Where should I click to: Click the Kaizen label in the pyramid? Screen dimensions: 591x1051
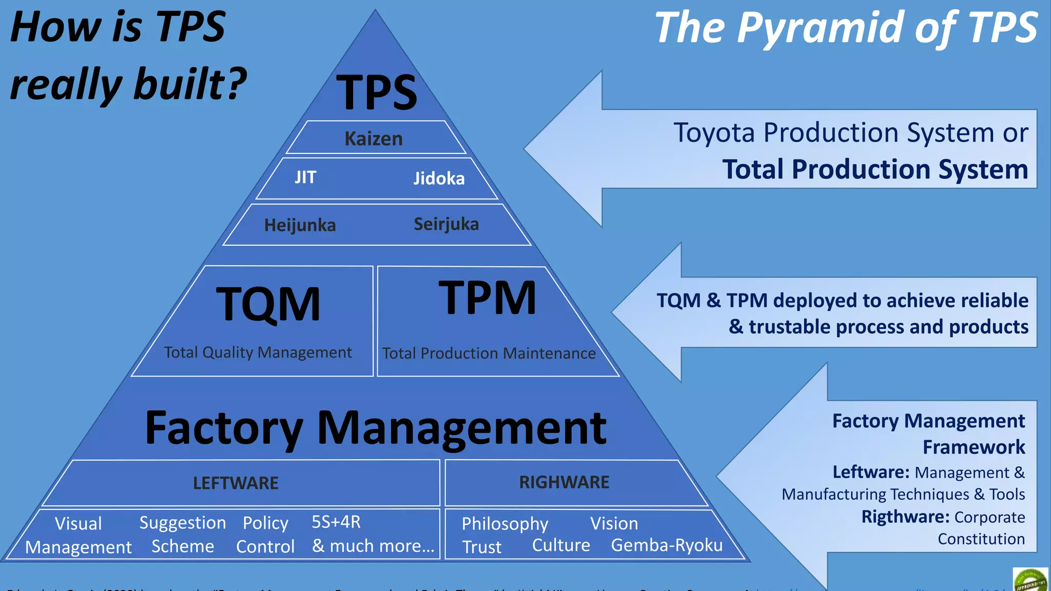374,139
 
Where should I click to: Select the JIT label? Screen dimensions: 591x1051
305,178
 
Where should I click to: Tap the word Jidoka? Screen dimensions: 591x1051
439,179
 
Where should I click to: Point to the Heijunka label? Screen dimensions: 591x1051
300,225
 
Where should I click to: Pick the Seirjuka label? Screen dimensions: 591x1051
446,224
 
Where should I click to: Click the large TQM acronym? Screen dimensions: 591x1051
268,304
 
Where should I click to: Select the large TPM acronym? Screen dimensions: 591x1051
488,298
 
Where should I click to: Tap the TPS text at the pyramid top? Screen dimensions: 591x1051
377,92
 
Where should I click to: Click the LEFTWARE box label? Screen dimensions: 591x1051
236,483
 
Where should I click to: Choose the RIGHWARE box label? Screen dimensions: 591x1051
564,482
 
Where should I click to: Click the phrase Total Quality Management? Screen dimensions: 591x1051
258,352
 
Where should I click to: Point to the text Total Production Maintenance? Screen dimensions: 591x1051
489,353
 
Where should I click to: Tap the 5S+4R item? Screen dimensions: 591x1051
336,522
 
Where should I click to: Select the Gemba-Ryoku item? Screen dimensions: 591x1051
667,545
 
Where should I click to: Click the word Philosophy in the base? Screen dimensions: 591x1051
505,524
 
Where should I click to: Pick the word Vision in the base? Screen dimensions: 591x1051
614,524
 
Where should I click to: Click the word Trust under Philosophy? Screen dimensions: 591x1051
482,547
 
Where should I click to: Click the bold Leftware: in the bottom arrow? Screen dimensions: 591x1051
871,472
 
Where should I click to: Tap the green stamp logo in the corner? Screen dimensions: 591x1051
1030,580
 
